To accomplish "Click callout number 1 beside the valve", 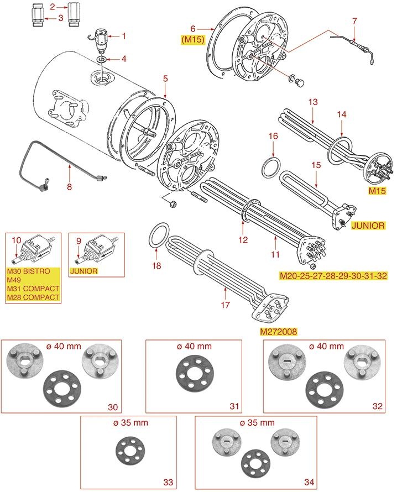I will click(x=124, y=36).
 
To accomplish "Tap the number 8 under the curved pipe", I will click(x=69, y=186).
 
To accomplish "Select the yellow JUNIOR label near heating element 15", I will click(x=368, y=226).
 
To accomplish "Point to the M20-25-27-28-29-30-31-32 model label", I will click(x=333, y=276).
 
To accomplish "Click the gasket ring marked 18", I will click(x=159, y=237).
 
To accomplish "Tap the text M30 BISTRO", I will click(x=28, y=271).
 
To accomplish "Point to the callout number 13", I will click(x=312, y=102).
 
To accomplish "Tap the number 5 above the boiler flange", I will click(x=165, y=79).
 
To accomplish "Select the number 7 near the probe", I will click(x=354, y=21).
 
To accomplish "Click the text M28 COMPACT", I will click(x=33, y=297).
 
